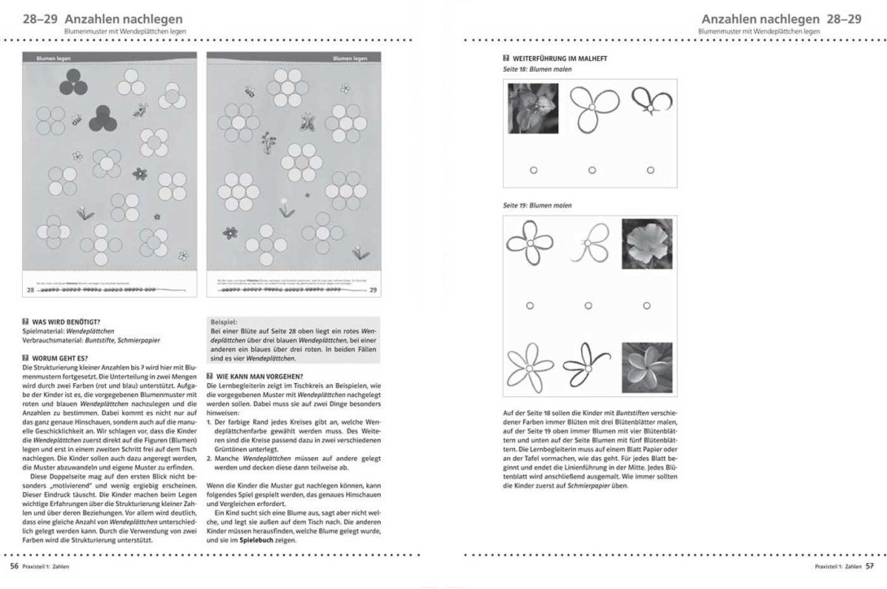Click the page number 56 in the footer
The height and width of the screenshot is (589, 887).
point(14,565)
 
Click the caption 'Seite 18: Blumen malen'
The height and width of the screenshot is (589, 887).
point(538,69)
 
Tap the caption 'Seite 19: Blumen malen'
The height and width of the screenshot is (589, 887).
point(538,206)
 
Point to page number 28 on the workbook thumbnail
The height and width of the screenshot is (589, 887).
point(31,289)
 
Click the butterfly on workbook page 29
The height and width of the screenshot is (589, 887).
point(308,122)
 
